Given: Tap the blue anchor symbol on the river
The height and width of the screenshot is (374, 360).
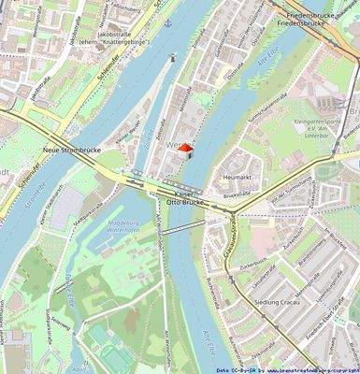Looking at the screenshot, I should point(168,22).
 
